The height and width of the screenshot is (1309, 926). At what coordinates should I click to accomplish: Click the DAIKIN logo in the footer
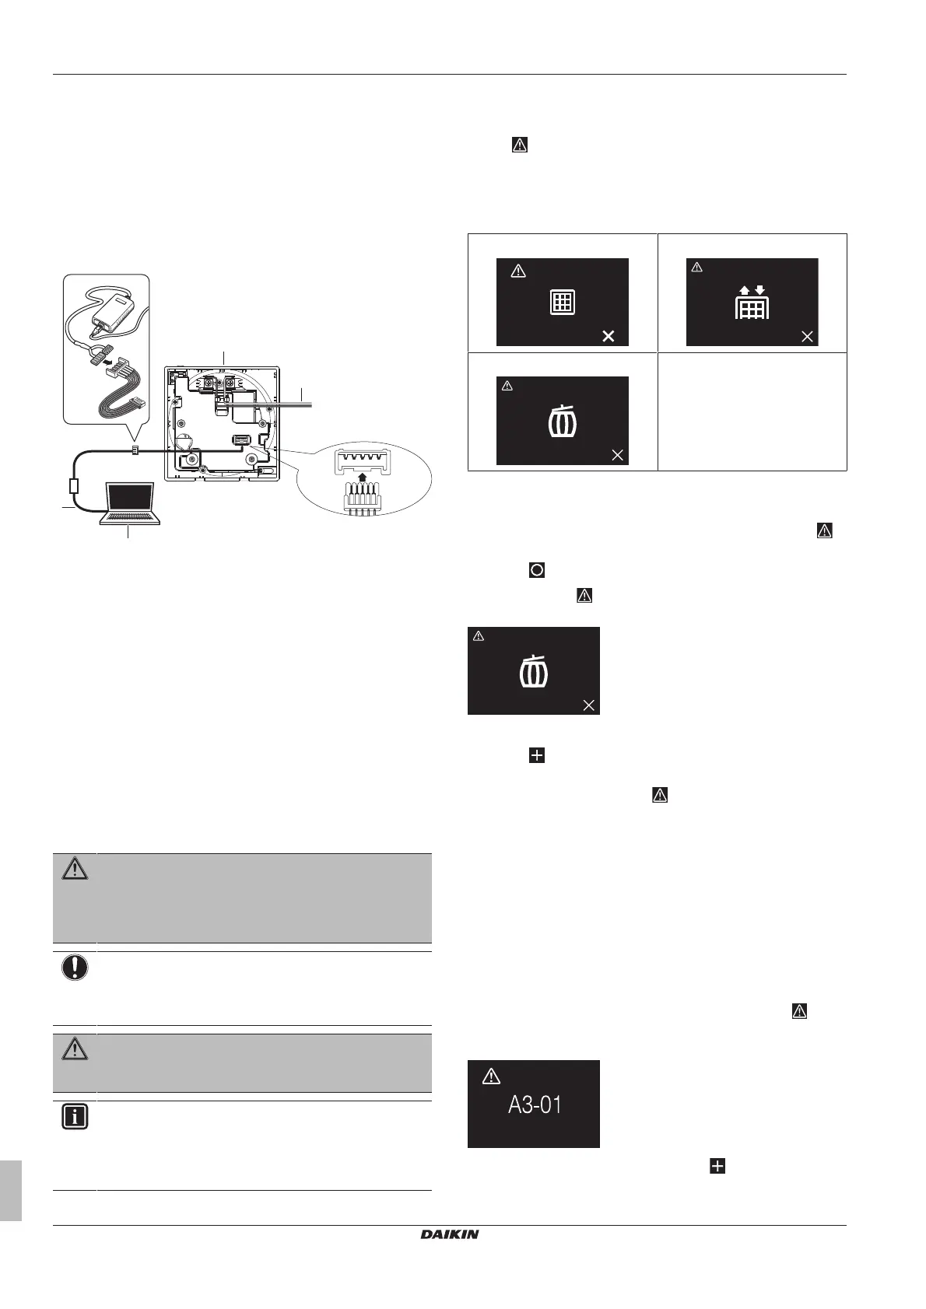pyautogui.click(x=450, y=1234)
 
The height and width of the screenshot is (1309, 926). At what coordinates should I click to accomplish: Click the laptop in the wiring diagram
pyautogui.click(x=130, y=503)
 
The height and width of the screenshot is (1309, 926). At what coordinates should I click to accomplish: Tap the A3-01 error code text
pyautogui.click(x=535, y=1104)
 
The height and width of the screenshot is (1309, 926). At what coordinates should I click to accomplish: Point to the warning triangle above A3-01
pyautogui.click(x=491, y=1076)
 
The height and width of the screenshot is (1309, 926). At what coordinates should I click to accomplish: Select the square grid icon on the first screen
pyautogui.click(x=562, y=302)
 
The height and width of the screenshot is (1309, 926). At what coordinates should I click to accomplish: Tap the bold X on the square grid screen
pyautogui.click(x=609, y=336)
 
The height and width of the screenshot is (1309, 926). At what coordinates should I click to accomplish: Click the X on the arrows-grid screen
pyautogui.click(x=807, y=336)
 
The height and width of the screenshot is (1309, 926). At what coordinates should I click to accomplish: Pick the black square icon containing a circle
pyautogui.click(x=536, y=570)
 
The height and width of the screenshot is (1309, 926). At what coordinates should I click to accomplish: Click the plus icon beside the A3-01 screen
pyautogui.click(x=717, y=1165)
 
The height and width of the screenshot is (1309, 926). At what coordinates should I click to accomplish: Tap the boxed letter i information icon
pyautogui.click(x=75, y=1118)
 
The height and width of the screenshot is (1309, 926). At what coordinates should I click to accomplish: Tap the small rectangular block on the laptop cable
pyautogui.click(x=75, y=486)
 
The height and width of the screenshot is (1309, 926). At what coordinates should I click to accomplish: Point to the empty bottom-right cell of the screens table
pyautogui.click(x=752, y=411)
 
